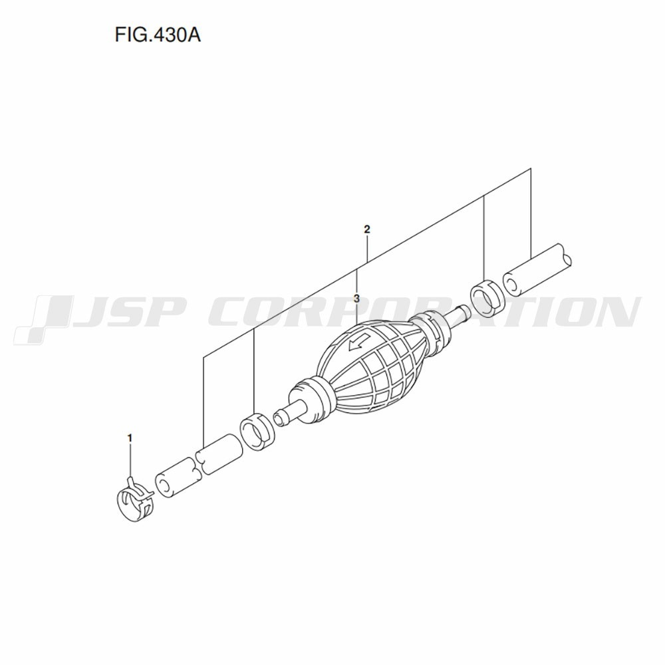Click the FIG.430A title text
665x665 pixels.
point(158,35)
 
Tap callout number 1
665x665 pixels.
point(130,438)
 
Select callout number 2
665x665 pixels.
point(367,229)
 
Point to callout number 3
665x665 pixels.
point(356,298)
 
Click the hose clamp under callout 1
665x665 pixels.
point(135,501)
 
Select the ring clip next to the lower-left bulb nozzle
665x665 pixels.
point(257,432)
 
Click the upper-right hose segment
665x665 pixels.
point(537,270)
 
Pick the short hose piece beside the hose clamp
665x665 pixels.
point(177,477)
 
